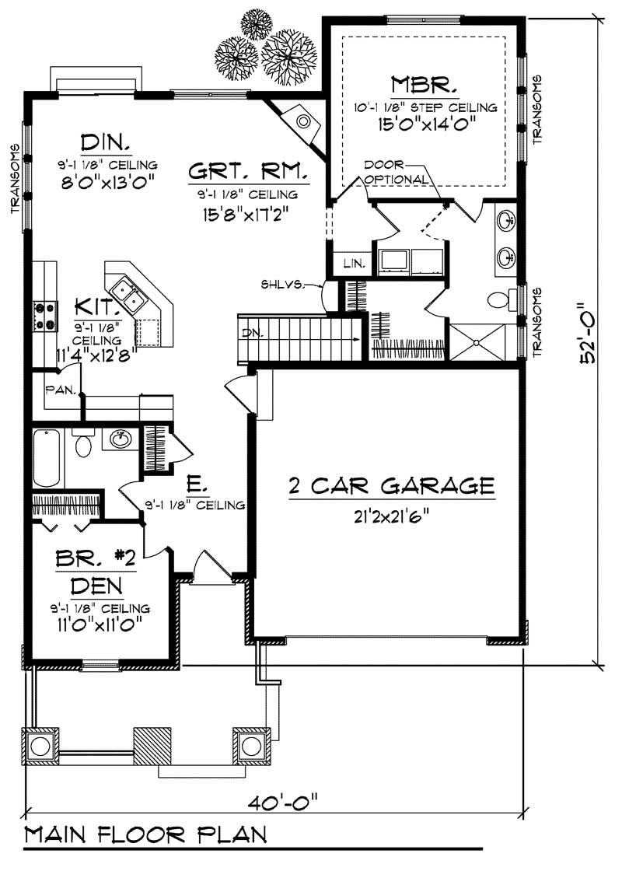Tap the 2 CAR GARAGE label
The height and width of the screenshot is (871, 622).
[x=391, y=486]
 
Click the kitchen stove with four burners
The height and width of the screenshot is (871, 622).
[x=45, y=314]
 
